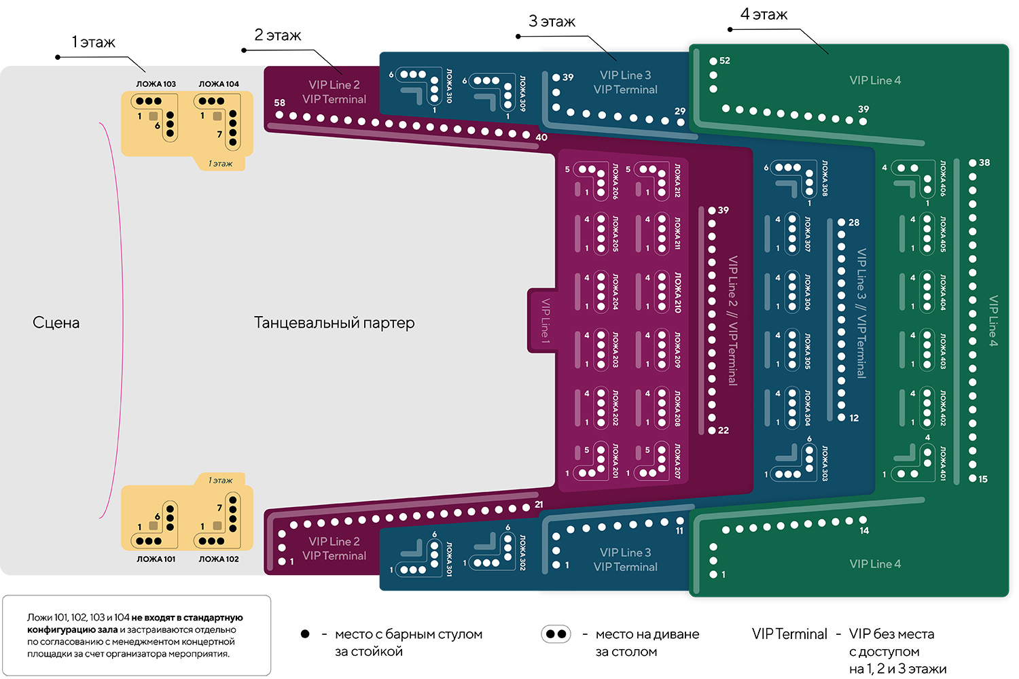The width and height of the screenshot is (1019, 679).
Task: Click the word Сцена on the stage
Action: coord(56,323)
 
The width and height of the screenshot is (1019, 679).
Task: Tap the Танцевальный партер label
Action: coord(334,323)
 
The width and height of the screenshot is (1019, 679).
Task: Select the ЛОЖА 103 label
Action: coord(156,84)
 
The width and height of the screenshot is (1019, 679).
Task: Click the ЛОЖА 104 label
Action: coord(219,84)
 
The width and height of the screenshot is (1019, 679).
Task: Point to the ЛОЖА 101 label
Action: coord(156,559)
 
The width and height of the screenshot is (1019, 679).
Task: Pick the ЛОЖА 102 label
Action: coord(219,559)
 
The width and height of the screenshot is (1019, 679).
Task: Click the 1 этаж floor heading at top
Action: coord(94,43)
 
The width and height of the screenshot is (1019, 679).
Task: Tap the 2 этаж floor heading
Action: coord(277,35)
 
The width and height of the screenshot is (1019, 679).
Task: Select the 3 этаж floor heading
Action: coord(552,22)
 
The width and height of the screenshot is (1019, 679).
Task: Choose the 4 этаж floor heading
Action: coord(764,14)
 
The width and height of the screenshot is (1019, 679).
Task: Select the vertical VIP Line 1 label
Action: coord(545,320)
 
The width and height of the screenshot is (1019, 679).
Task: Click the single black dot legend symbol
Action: coord(305,634)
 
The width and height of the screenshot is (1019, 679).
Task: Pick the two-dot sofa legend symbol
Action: coord(556,634)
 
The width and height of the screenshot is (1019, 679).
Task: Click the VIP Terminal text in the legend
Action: coord(789,634)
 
